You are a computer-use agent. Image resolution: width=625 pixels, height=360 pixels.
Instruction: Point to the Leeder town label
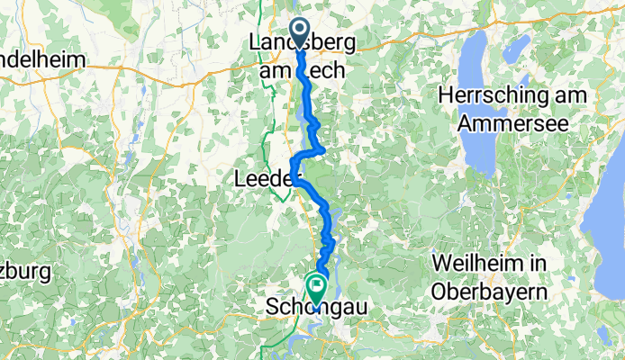coord(263,179)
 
